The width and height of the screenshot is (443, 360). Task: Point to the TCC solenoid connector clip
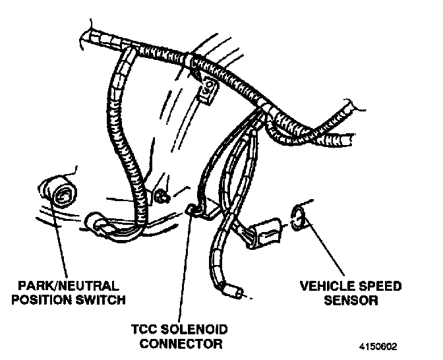(195, 210)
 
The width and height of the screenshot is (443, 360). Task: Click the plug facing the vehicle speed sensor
(262, 231)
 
